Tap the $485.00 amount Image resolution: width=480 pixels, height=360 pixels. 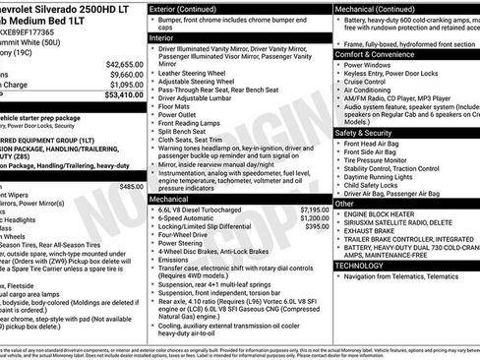(x=131, y=186)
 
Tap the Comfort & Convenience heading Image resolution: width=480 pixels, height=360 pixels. (x=379, y=54)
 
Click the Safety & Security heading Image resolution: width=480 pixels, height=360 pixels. (x=370, y=132)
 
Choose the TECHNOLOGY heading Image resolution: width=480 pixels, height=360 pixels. (x=359, y=265)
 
